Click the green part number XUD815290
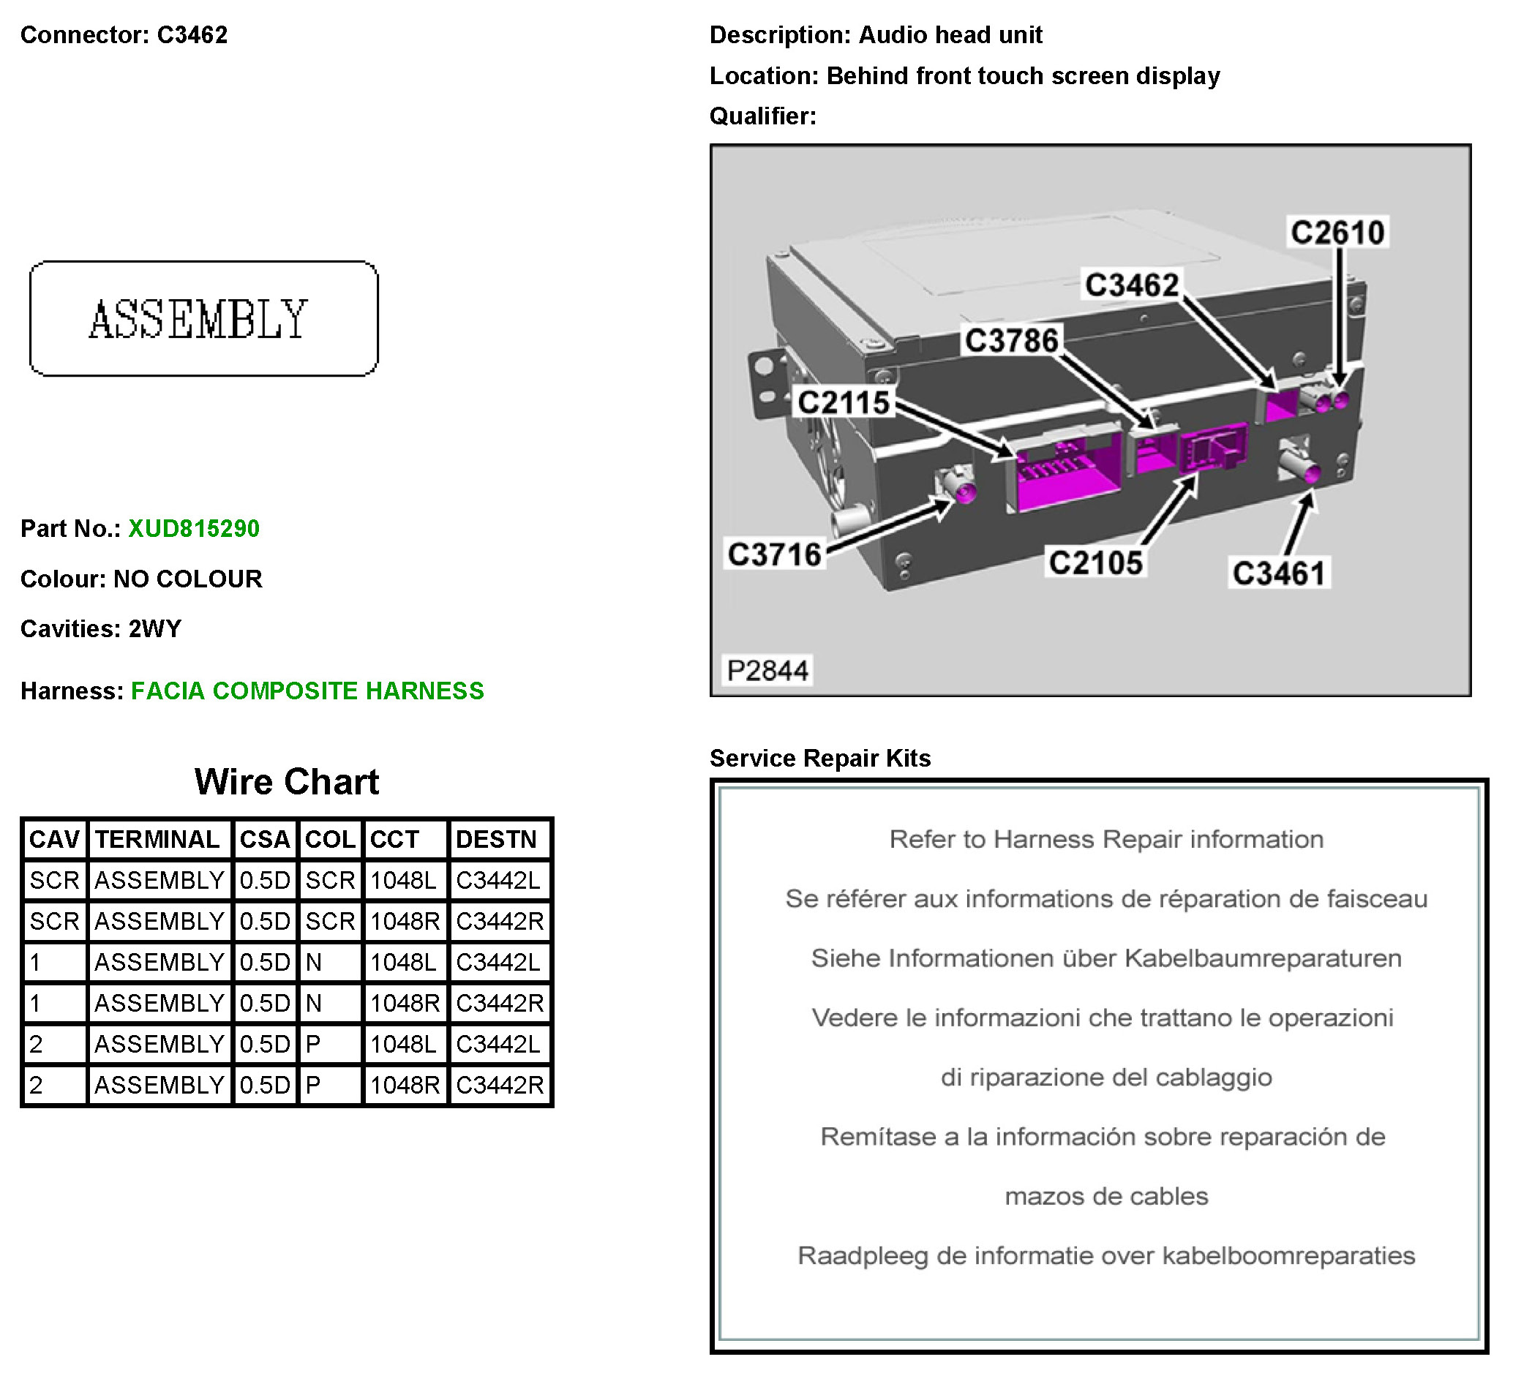(194, 529)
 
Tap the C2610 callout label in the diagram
(1337, 233)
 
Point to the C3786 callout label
(1012, 341)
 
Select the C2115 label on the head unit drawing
(844, 403)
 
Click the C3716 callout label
(775, 555)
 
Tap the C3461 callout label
(1280, 574)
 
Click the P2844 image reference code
(767, 671)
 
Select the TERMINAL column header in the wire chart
(157, 840)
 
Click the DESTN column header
(496, 840)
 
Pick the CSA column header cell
(264, 840)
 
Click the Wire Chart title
(287, 782)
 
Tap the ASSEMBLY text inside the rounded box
(199, 320)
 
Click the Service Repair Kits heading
(820, 759)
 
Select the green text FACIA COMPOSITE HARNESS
(308, 691)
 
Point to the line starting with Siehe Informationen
(1106, 959)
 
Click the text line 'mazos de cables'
(1106, 1196)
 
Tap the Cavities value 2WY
(154, 629)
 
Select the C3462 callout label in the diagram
(1132, 285)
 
